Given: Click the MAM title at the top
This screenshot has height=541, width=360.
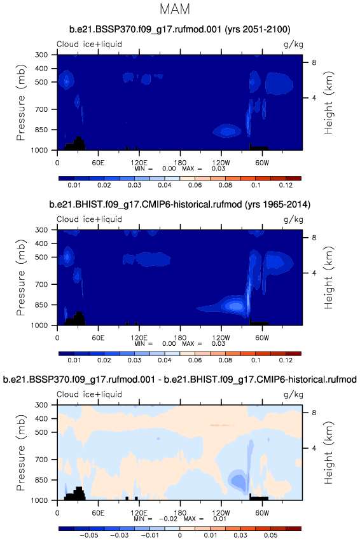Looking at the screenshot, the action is click(x=175, y=9).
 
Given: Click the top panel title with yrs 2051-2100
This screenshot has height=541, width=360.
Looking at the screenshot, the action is click(x=180, y=29).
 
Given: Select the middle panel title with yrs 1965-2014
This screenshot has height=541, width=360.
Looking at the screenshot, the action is click(x=180, y=205).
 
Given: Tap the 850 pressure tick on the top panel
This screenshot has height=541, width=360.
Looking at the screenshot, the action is click(x=41, y=130).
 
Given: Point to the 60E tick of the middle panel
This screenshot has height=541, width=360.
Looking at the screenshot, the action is click(x=98, y=338).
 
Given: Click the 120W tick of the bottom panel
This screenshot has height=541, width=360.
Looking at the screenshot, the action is click(x=221, y=512).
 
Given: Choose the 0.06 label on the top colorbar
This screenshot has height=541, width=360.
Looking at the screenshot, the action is click(x=195, y=185).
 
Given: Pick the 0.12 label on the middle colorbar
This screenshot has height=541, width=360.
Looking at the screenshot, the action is click(x=286, y=360).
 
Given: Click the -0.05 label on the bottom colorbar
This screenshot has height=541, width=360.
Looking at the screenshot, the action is click(x=89, y=535).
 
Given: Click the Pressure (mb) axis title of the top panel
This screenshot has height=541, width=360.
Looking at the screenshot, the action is click(x=21, y=102).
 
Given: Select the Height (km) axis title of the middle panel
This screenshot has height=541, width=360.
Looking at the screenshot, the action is click(x=329, y=278).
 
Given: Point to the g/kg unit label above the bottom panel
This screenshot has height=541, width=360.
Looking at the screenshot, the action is click(x=293, y=394).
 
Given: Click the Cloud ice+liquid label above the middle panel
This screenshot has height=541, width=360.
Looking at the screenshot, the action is click(x=90, y=219).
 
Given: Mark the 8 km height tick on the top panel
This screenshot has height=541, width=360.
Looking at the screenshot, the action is click(x=314, y=62).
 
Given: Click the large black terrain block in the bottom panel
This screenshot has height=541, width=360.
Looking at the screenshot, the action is click(x=75, y=494).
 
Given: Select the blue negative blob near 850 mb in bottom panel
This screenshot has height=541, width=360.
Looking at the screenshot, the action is click(x=238, y=480).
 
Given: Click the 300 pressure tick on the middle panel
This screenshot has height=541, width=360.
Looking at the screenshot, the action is click(x=41, y=229).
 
